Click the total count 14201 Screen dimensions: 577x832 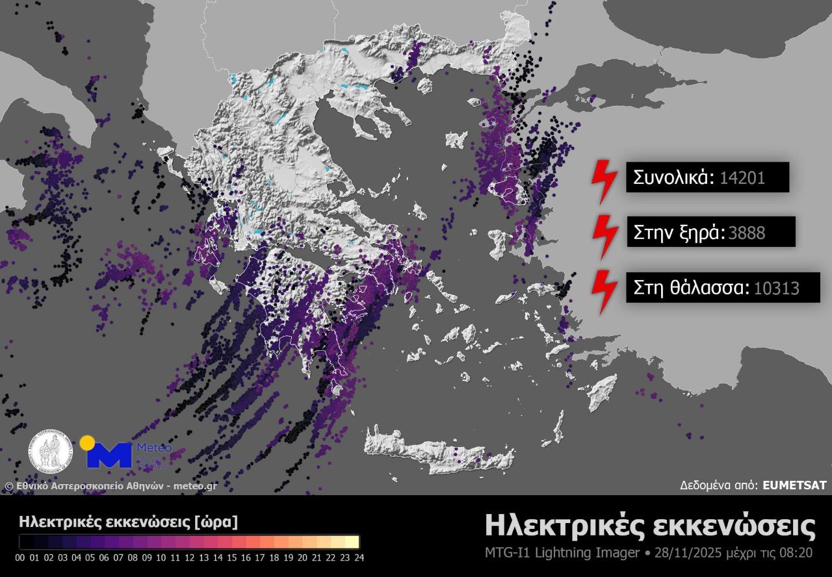click(x=742, y=177)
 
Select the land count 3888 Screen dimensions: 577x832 click(x=746, y=233)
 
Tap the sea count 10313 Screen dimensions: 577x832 click(x=776, y=287)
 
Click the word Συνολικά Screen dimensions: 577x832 click(x=673, y=177)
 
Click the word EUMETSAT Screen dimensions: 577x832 click(x=794, y=485)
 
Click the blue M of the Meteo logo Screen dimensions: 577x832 click(x=109, y=455)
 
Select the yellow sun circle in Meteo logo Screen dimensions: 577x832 click(x=86, y=443)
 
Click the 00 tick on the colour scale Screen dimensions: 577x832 click(x=19, y=557)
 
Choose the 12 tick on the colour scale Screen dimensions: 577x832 click(x=189, y=557)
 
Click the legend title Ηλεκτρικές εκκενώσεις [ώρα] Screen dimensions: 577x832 click(x=129, y=521)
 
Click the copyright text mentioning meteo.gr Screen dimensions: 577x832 click(x=110, y=485)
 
